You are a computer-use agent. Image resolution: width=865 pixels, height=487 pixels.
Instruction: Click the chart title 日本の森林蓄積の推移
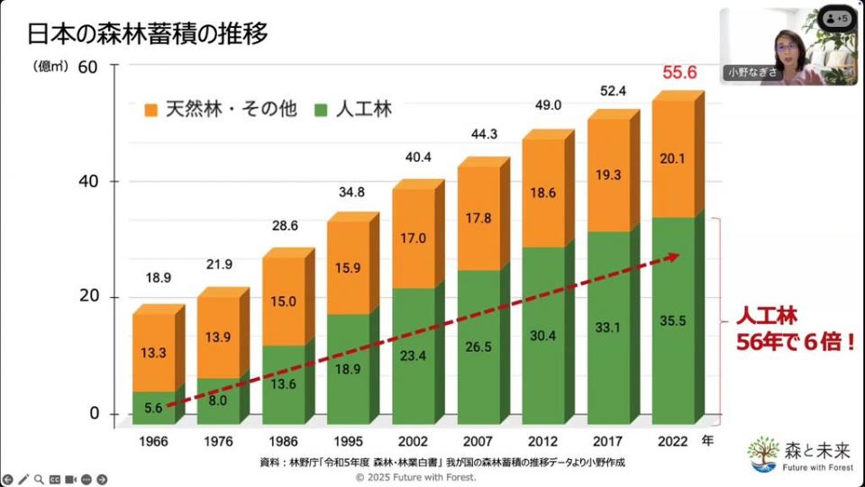[x=147, y=33]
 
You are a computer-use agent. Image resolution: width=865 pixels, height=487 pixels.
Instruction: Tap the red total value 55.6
[x=679, y=73]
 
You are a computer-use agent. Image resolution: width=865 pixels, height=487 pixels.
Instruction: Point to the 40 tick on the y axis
[x=93, y=182]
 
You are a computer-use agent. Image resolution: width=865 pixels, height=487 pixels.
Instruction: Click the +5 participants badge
[x=837, y=18]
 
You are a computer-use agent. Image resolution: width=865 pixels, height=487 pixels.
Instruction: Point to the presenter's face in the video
[x=786, y=45]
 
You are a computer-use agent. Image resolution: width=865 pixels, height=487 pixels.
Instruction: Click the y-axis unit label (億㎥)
[x=50, y=66]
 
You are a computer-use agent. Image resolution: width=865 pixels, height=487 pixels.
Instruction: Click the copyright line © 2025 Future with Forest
[x=432, y=477]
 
